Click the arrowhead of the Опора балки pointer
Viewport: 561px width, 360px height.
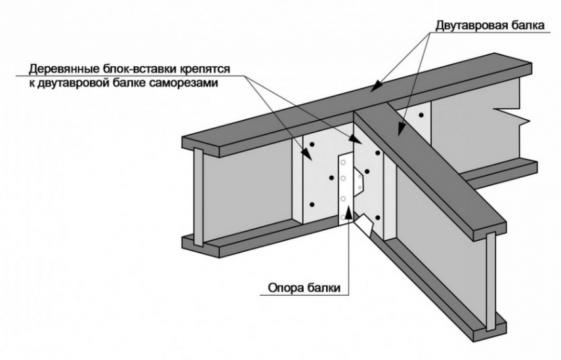click(348, 214)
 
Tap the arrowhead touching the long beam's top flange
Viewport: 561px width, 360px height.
click(375, 85)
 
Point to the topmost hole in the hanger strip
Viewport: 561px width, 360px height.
click(343, 163)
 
